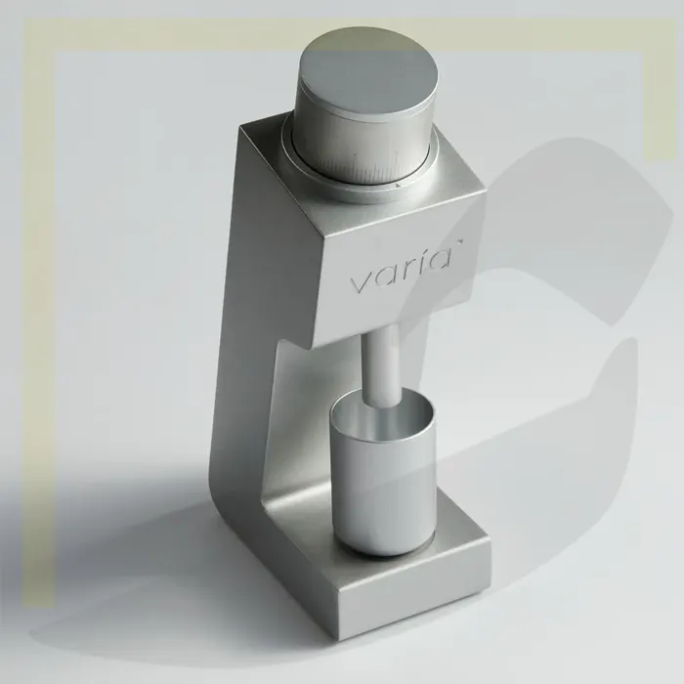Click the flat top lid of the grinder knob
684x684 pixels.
tap(369, 72)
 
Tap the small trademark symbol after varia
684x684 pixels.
tap(460, 240)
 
